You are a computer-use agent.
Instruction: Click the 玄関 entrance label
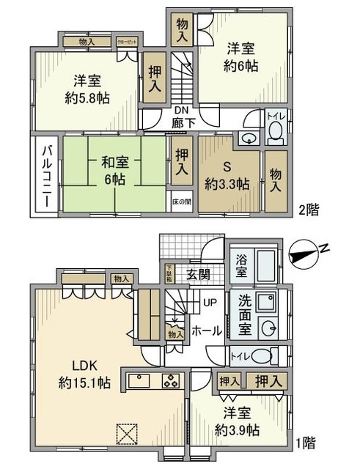197,275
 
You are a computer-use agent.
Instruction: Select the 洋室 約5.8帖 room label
87,89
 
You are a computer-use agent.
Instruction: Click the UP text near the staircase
208,302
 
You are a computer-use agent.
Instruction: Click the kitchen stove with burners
170,381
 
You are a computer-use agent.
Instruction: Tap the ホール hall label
206,330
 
